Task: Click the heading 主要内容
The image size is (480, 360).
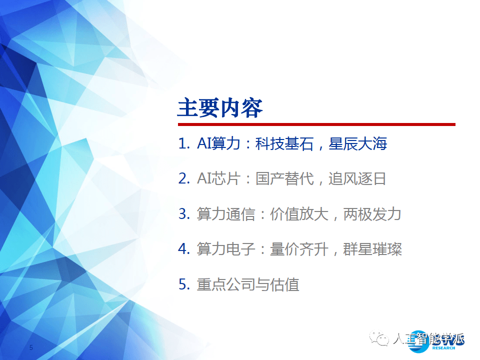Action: coord(220,108)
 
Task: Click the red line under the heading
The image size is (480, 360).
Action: coord(316,124)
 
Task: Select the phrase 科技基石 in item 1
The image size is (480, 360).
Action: coord(284,144)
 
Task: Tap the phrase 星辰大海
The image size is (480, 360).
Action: coord(358,144)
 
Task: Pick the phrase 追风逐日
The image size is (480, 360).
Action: coord(357,179)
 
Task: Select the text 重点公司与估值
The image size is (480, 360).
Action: coord(248,284)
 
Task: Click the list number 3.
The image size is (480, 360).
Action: coord(182,214)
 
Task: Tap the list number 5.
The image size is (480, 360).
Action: coord(182,284)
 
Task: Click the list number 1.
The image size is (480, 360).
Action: coord(182,144)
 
